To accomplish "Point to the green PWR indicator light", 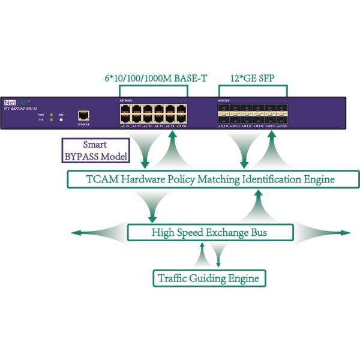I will point(52,113).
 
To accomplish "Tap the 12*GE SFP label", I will point(249,77).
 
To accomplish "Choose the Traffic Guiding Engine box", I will point(208,278).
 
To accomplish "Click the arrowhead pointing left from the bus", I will point(75,232).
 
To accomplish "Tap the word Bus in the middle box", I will point(256,232).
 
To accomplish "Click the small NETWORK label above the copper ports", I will point(126,101).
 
